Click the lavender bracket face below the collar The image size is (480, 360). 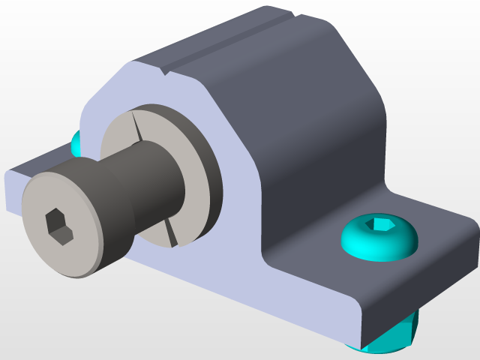pyautogui.click(x=225, y=270)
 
